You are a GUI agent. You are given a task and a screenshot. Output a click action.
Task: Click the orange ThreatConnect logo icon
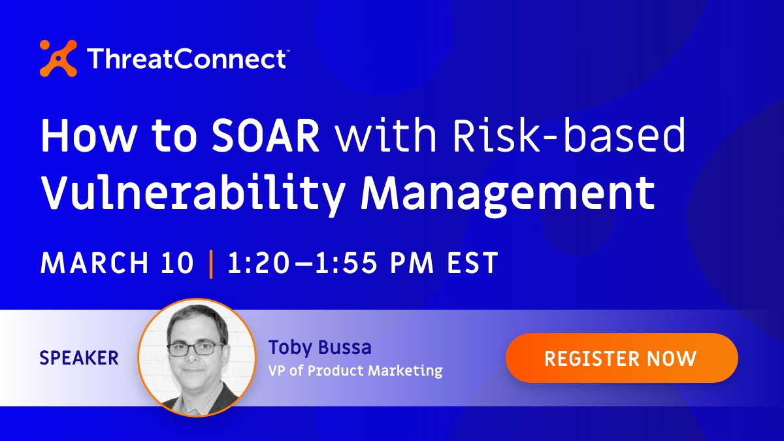58,58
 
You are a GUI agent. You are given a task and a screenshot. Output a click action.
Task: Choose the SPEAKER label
79,358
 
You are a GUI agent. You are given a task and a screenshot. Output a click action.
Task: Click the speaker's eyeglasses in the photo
195,348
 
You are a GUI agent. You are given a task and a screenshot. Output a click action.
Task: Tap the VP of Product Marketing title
355,371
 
